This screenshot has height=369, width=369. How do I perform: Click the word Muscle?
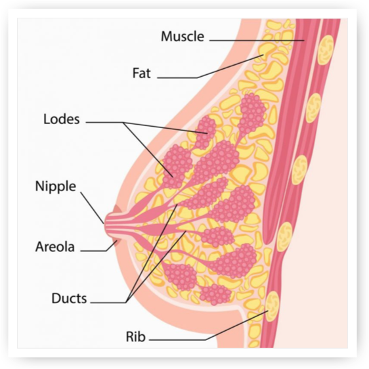(183, 37)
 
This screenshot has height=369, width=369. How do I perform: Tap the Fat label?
(141, 73)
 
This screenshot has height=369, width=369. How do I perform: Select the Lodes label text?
(62, 119)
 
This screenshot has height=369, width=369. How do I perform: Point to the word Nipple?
(56, 186)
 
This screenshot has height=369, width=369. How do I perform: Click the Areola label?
(55, 247)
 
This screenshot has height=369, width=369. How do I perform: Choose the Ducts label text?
(69, 298)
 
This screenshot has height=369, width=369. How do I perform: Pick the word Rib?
(136, 337)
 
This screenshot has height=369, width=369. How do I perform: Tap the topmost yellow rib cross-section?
(326, 50)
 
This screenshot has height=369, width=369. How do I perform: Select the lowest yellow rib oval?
(272, 306)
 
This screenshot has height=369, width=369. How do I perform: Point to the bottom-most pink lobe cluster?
(215, 294)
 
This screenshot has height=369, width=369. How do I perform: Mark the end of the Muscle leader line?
(304, 41)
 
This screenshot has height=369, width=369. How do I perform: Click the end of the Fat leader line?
(263, 55)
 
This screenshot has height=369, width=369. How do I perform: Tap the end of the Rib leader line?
(268, 311)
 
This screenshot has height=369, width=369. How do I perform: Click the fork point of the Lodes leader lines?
(123, 122)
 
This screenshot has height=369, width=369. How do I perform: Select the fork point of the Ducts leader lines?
(126, 303)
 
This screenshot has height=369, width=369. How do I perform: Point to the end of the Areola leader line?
(117, 240)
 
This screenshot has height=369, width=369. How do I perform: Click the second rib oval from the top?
(313, 108)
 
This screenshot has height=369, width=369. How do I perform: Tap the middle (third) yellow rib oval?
(299, 170)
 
